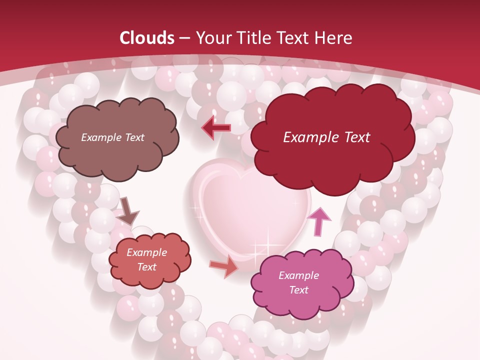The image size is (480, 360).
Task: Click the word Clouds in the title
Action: point(147,38)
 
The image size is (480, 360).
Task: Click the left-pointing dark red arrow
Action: point(216,128)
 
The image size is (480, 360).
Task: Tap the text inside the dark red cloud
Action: point(326,137)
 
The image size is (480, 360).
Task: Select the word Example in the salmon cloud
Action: point(147,252)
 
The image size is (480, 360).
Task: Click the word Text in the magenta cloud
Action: point(299,290)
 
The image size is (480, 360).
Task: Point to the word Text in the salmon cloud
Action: point(147,267)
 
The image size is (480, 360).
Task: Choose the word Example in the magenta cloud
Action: point(299,275)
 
